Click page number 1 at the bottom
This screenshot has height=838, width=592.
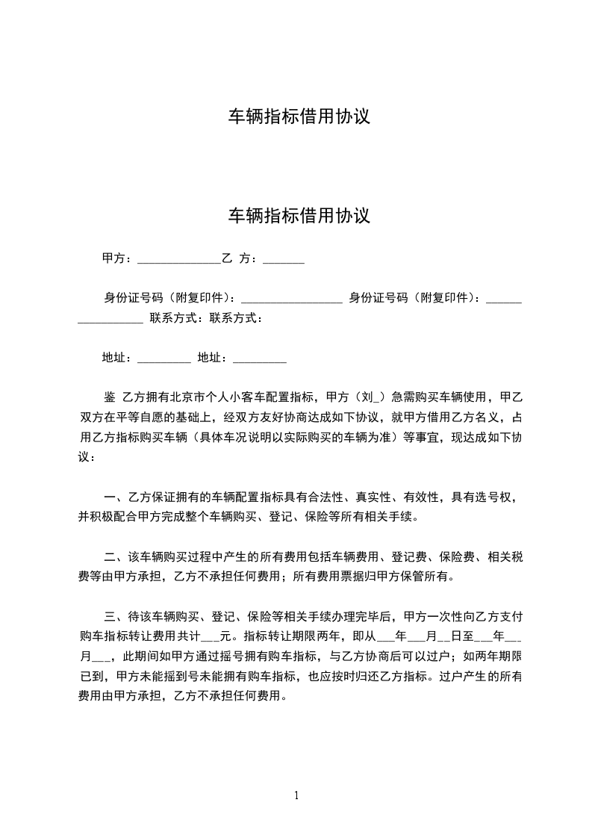click(296, 795)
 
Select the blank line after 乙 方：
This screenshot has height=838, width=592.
click(283, 260)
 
